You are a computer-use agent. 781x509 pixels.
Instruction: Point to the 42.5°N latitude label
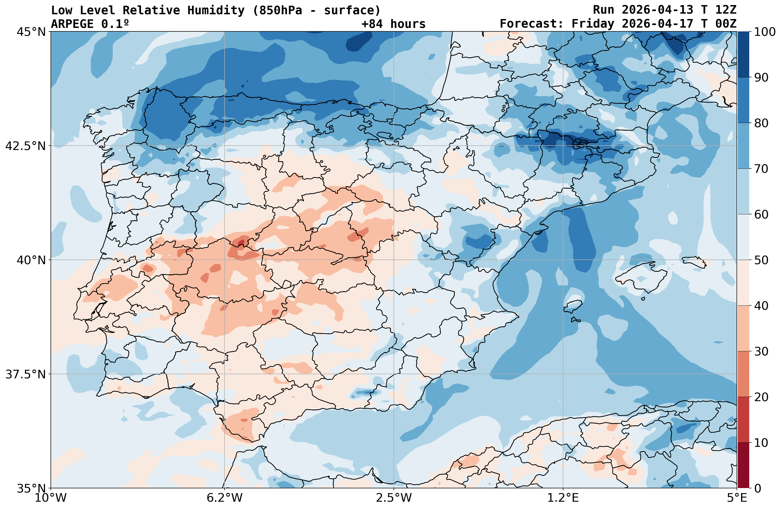pyautogui.click(x=25, y=146)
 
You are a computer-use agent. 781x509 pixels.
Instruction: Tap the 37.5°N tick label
pyautogui.click(x=25, y=374)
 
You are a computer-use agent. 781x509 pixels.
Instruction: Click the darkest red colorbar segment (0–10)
pyautogui.click(x=743, y=466)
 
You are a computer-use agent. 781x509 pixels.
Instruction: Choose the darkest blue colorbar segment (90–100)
pyautogui.click(x=743, y=55)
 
